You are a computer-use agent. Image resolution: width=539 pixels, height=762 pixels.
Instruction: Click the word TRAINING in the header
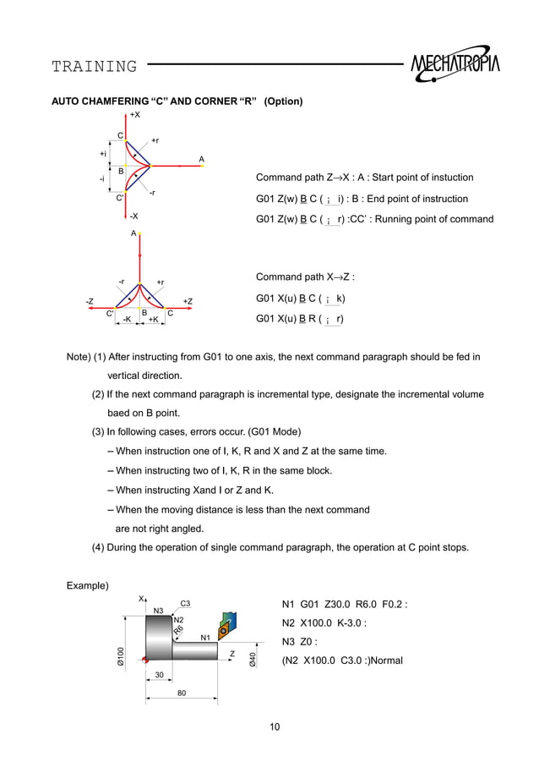click(x=94, y=66)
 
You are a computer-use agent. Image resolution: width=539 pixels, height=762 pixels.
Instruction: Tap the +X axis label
click(x=135, y=114)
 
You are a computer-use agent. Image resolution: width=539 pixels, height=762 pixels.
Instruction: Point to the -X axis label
click(x=133, y=217)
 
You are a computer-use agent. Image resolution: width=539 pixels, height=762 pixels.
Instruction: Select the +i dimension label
click(x=103, y=154)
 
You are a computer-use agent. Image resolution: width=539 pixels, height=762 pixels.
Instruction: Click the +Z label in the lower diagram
click(x=188, y=301)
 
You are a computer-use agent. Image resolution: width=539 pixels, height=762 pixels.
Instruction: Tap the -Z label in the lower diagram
click(x=89, y=301)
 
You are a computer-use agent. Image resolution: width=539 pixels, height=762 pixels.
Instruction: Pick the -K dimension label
click(x=126, y=320)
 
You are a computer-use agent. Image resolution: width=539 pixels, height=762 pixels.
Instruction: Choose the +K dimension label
click(x=153, y=320)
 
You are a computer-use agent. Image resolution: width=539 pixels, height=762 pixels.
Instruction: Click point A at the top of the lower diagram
click(x=133, y=232)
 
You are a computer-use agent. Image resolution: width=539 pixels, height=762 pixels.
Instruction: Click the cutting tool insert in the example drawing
click(x=224, y=629)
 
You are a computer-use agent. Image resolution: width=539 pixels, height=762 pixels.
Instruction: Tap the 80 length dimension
click(x=181, y=693)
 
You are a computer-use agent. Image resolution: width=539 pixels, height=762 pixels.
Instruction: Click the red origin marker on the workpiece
click(x=146, y=660)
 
